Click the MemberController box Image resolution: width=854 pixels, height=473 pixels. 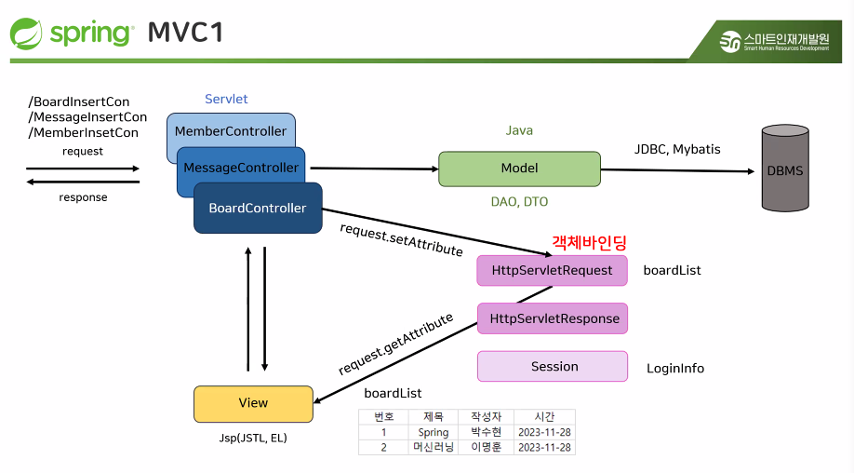coord(231,129)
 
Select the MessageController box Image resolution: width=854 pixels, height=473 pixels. coord(241,167)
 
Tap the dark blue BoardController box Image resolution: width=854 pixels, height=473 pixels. coord(258,208)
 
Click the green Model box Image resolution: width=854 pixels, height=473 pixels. coord(520,169)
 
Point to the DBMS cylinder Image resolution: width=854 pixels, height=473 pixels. coord(785,168)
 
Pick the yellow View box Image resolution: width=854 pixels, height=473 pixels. coord(253,404)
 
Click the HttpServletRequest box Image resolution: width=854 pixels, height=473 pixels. coord(552,270)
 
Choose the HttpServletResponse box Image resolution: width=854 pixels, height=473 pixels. coord(553,318)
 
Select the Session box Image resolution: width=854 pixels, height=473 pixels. coord(553,366)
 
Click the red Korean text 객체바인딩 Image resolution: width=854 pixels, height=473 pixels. coord(589,242)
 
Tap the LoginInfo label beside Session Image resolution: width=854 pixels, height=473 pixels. coord(675,369)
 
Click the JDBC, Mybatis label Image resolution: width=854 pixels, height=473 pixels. coord(677,149)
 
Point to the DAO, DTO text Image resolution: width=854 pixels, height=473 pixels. coord(520,202)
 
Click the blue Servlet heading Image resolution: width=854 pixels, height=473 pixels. coord(226,99)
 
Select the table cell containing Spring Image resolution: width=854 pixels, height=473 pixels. coord(434,432)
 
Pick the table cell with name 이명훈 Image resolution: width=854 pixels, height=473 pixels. coord(486,447)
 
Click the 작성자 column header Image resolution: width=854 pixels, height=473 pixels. coord(486,417)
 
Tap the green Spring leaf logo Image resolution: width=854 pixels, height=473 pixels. coord(26,34)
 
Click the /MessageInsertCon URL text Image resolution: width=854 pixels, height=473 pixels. coord(87,117)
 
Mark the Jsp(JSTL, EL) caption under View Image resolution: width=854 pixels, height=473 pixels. coord(253,439)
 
